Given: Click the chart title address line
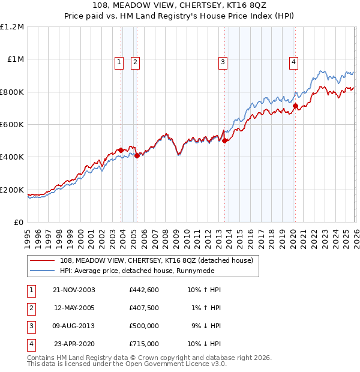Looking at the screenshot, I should (x=180, y=5).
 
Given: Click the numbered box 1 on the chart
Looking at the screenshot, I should (x=119, y=61).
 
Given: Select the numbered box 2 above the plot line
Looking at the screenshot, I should (x=135, y=61).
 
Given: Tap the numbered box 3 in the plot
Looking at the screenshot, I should (x=223, y=61).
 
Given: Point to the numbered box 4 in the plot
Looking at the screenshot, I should (x=293, y=61).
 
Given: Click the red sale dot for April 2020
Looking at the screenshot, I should (x=295, y=106).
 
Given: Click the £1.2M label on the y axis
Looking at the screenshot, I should (x=12, y=27).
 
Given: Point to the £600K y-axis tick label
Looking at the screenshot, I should (x=12, y=125).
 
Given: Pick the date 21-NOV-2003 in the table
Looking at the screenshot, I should (x=74, y=290).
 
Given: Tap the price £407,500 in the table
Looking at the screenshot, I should (x=143, y=308).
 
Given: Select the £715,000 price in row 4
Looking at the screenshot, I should (x=143, y=344).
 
